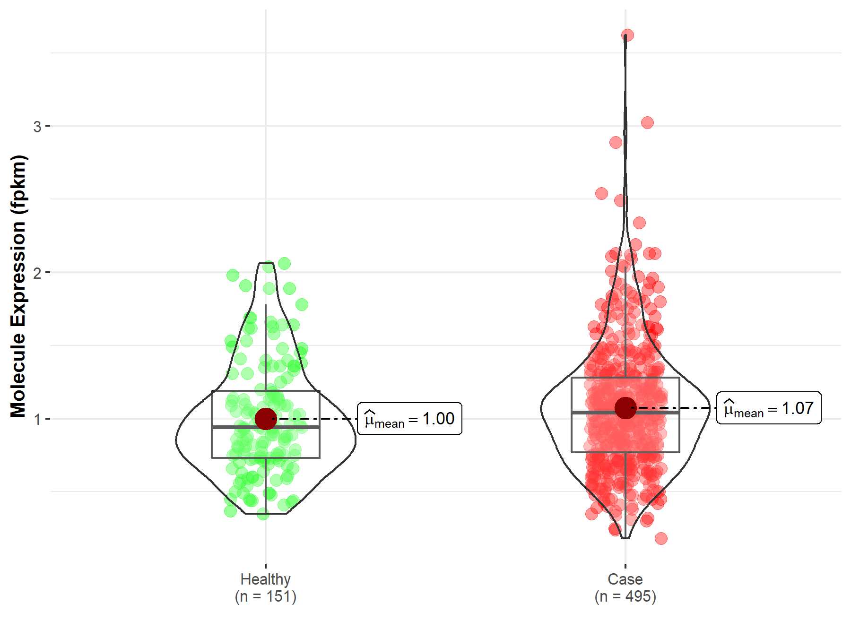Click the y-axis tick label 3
pyautogui.click(x=37, y=127)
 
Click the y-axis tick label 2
pyautogui.click(x=37, y=273)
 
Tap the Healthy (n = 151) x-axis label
pyautogui.click(x=265, y=587)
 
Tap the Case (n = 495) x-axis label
pyautogui.click(x=625, y=587)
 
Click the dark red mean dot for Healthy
pyautogui.click(x=266, y=419)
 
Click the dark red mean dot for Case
pyautogui.click(x=625, y=407)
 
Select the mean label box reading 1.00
pyautogui.click(x=409, y=419)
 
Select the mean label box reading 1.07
pyautogui.click(x=769, y=408)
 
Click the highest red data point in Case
pyautogui.click(x=627, y=35)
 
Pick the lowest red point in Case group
pyautogui.click(x=661, y=538)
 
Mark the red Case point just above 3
pyautogui.click(x=647, y=123)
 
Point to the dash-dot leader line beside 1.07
pyautogui.click(x=676, y=408)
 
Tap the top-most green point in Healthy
pyautogui.click(x=284, y=263)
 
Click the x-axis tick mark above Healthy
pyautogui.click(x=266, y=566)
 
